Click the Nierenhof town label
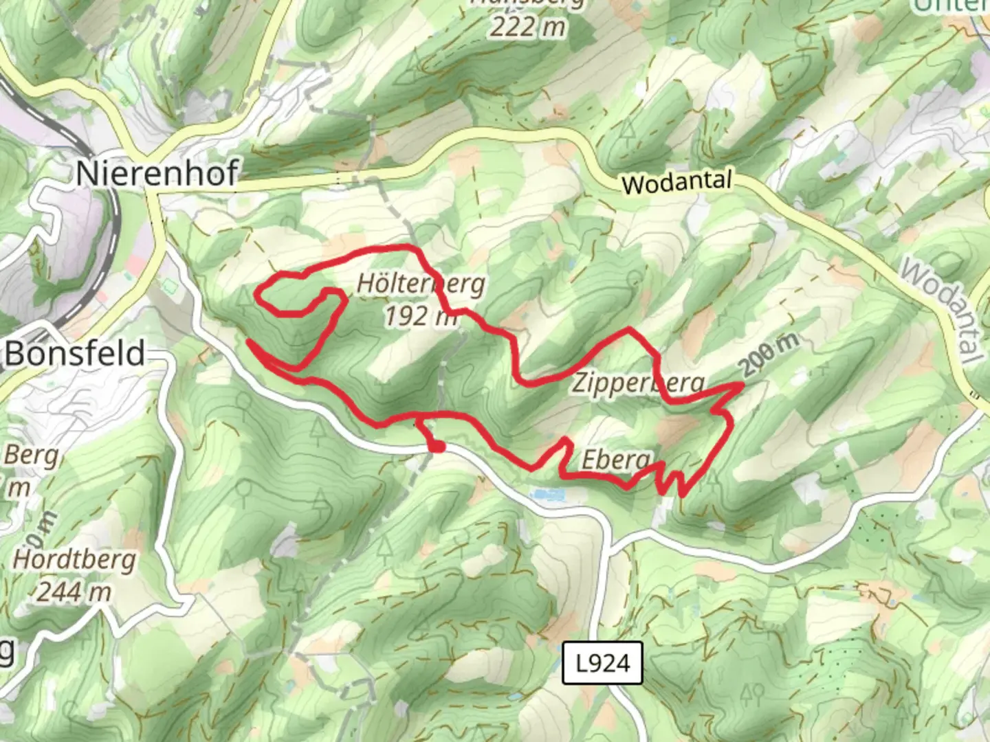(x=157, y=172)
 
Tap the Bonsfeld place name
(x=76, y=353)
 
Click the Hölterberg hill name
(x=421, y=284)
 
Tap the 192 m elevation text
(x=419, y=316)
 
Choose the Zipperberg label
(x=639, y=383)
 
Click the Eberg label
(x=615, y=460)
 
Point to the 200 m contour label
(x=770, y=354)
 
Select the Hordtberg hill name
(x=74, y=559)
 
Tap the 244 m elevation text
(x=74, y=591)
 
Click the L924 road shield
(x=602, y=663)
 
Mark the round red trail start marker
(x=437, y=447)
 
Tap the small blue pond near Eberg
(x=547, y=493)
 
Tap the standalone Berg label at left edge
(x=31, y=456)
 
